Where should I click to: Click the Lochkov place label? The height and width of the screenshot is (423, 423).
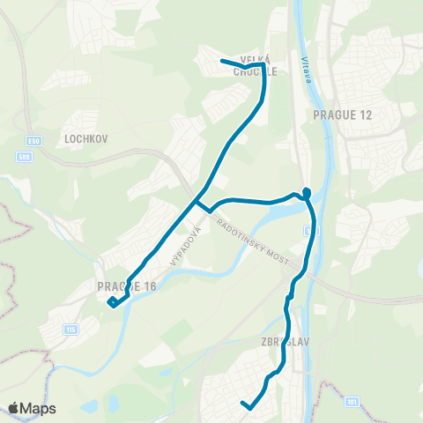[85, 138]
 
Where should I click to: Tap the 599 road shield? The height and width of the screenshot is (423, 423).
[26, 156]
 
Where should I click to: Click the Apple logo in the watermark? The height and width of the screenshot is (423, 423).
[14, 408]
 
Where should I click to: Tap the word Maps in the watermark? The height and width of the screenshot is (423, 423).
[39, 408]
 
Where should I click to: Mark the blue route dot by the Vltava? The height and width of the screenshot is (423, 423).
[307, 192]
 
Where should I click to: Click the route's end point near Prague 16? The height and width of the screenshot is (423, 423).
[111, 303]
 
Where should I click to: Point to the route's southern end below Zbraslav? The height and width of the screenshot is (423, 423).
[243, 404]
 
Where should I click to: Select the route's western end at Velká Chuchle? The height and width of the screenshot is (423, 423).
[221, 60]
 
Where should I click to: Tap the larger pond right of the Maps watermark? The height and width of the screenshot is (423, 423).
[89, 408]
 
